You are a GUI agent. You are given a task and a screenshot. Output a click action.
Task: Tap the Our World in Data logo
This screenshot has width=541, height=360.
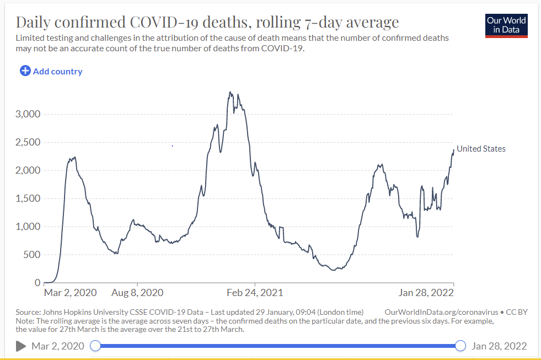point(506,25)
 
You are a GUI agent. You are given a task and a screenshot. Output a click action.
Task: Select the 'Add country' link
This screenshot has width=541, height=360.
point(57,71)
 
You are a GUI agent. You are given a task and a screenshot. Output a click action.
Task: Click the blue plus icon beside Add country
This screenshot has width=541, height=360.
point(25,71)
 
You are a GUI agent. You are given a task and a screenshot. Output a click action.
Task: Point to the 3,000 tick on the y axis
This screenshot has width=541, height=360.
point(28,114)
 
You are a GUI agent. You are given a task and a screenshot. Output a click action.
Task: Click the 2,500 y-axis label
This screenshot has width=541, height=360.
point(28,142)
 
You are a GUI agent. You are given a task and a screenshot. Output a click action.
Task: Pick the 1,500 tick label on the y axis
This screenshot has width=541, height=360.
point(28,198)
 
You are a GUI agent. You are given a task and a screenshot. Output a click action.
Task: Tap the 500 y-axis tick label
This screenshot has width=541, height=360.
point(31,255)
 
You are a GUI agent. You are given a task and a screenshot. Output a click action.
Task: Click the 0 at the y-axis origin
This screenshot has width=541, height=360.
point(38,283)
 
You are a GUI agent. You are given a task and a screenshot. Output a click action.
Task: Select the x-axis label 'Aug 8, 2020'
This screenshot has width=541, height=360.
point(137,292)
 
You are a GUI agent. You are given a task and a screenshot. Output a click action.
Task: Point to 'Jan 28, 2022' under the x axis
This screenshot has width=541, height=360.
point(426,292)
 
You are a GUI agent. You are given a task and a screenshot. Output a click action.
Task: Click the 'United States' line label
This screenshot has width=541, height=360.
point(481,149)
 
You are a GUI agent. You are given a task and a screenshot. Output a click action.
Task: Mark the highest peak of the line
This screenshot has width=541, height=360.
point(230,92)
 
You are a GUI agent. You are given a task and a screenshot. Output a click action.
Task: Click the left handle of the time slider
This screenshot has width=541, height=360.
point(95,346)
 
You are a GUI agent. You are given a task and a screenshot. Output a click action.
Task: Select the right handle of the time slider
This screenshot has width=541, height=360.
point(461,346)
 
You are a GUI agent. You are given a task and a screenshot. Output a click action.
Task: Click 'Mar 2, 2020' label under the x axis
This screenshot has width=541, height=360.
point(70,292)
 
